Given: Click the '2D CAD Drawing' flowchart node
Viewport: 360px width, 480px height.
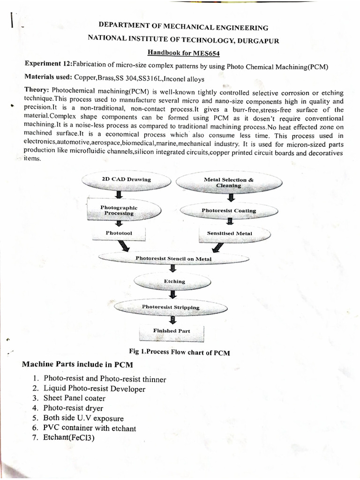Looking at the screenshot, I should (x=126, y=180).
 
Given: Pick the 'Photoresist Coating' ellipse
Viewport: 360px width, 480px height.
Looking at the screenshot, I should (x=229, y=211).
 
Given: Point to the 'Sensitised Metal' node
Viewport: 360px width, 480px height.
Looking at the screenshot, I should (x=230, y=233).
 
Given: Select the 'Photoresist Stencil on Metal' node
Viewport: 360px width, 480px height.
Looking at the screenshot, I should (x=173, y=258).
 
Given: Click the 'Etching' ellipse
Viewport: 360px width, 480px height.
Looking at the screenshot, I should (x=174, y=282).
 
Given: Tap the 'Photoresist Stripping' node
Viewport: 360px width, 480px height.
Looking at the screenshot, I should (x=171, y=307).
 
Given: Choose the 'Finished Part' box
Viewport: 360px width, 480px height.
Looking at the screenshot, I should (x=172, y=331).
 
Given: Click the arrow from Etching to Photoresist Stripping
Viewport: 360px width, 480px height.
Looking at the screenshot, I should (x=173, y=294).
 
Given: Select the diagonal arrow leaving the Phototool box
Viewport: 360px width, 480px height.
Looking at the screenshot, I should (x=125, y=246).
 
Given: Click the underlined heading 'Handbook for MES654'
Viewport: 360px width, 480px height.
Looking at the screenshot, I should (x=180, y=53).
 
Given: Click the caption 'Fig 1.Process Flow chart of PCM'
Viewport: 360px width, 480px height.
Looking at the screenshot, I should (x=180, y=352).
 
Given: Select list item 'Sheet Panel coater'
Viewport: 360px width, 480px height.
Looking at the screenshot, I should (x=74, y=398).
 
